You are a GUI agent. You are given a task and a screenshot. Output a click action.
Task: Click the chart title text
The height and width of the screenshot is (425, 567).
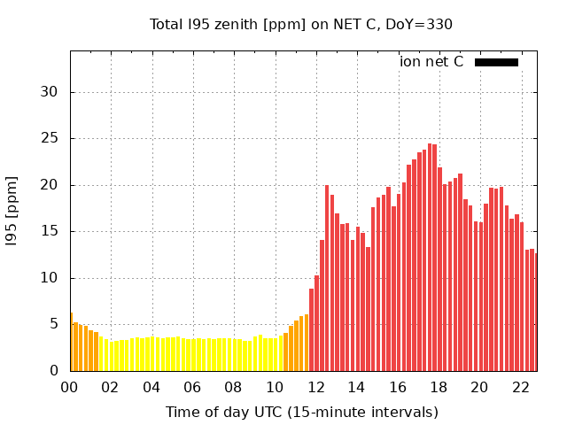coord(301,24)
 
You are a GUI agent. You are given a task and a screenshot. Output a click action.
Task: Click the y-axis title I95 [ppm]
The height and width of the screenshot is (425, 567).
coord(12,211)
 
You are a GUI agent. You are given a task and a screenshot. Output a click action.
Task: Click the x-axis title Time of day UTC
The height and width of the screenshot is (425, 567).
coord(301,412)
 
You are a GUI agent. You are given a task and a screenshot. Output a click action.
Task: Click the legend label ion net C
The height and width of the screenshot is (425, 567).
coord(431,62)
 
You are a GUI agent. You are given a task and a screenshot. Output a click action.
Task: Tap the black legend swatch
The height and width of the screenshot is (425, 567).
coord(496,62)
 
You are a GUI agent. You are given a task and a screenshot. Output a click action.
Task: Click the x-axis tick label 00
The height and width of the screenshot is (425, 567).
coord(69,387)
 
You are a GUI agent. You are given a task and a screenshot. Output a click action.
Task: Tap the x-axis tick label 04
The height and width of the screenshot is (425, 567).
coord(151,387)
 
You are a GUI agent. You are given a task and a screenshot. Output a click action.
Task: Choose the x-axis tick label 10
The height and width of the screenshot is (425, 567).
coord(275,387)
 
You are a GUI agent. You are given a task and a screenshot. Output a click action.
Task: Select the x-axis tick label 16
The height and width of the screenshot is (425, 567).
coord(398,387)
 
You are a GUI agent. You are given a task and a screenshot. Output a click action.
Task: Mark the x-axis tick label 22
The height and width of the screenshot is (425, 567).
coord(520,387)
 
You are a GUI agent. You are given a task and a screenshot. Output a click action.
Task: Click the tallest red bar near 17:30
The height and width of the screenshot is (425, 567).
coord(430,257)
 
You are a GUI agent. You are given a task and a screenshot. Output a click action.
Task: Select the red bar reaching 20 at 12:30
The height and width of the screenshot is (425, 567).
coord(327,278)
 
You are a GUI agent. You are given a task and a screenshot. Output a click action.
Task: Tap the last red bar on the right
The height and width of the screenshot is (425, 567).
coord(535,324)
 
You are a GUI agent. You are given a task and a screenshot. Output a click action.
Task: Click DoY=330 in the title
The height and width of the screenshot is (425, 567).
coord(422,24)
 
